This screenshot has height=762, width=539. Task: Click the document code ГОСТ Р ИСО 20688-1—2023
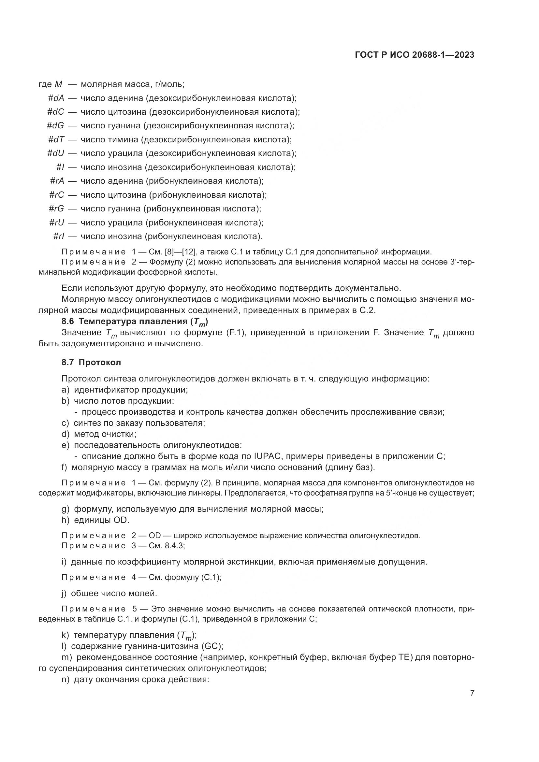414,55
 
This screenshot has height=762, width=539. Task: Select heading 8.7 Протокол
91,362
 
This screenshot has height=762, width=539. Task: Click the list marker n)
66,679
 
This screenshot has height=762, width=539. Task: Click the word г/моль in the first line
169,84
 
